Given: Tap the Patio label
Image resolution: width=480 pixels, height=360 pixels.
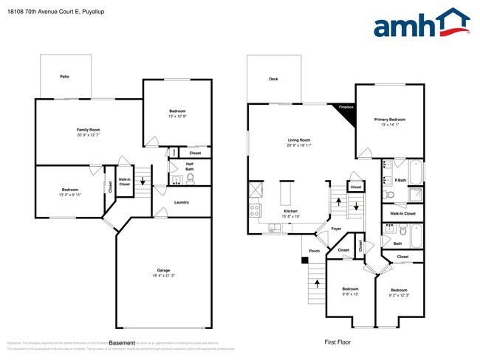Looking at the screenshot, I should tap(65, 76).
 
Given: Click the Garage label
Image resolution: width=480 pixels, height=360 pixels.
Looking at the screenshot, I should tap(163, 271).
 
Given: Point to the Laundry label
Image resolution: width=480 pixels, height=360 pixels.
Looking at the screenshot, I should tap(182, 202).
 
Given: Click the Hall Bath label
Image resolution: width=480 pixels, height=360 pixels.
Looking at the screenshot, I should tap(190, 167).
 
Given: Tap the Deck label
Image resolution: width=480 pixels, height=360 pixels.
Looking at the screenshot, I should tap(273, 79).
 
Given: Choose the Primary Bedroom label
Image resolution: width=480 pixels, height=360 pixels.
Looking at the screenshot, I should tap(390, 119).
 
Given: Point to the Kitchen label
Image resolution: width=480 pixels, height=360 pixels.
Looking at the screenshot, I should tap(291, 211).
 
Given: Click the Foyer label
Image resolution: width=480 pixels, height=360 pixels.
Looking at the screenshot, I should tap(336, 229).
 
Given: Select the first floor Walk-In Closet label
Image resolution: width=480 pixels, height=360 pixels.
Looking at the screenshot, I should tap(402, 213).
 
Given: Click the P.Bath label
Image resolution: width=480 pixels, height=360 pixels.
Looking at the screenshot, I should tap(401, 180).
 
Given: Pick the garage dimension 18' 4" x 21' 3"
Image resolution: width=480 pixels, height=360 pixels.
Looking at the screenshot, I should tap(163, 276).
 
